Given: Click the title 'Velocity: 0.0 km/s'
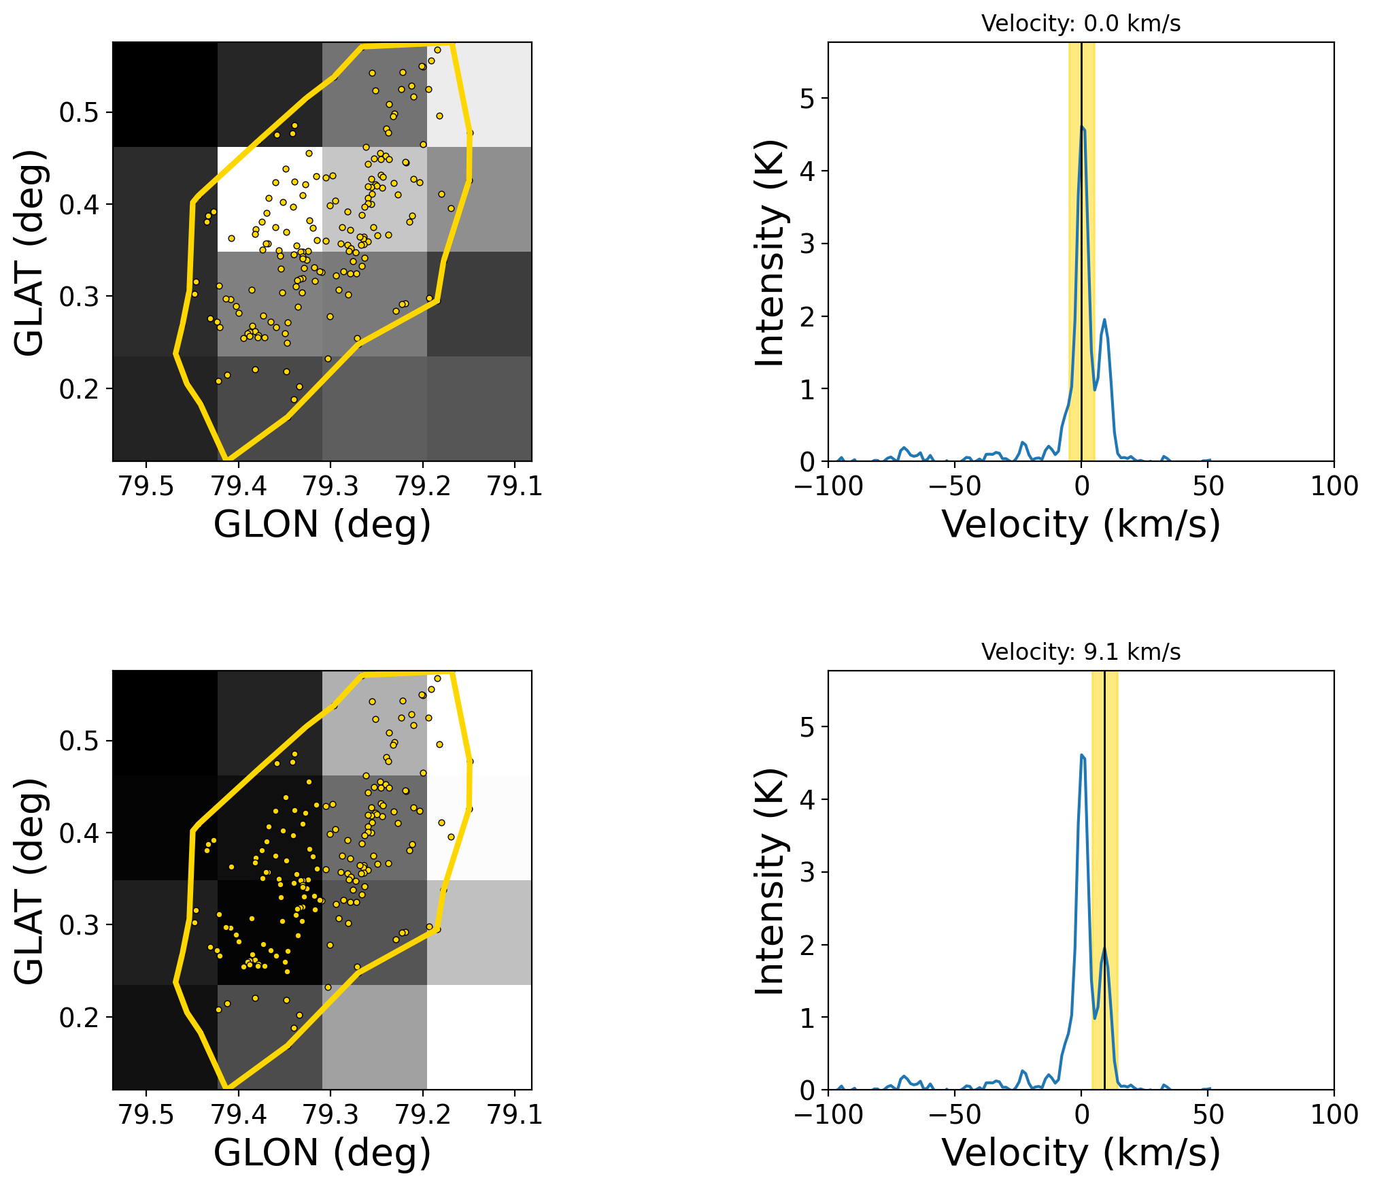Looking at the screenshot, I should point(1081,24).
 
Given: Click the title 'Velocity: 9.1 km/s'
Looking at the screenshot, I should point(1081,652).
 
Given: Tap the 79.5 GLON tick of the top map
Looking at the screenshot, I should point(146,486).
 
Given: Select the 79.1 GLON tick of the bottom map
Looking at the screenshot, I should point(515,1115).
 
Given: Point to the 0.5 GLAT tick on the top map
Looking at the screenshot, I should point(79,113).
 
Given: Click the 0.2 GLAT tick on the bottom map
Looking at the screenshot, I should point(79,1018).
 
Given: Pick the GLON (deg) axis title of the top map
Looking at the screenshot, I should point(322,524).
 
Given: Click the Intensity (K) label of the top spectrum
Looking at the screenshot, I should point(771,252).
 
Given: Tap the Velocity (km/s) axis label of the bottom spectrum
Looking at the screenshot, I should point(1081,1153).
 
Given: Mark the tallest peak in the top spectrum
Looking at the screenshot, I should point(1082,126).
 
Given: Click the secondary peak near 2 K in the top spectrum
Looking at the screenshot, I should point(1104,319).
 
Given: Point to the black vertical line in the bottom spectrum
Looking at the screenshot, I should point(1104,850).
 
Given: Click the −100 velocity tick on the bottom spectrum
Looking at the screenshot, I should point(828,1115).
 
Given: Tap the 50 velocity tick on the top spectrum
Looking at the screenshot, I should point(1208,486).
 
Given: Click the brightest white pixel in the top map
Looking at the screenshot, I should point(269,199).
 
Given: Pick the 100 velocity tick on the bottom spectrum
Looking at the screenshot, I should point(1334,1115).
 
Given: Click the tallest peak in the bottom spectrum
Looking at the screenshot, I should point(1082,754).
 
